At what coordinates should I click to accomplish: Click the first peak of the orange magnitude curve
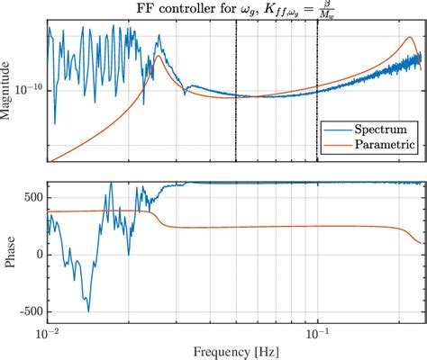159,56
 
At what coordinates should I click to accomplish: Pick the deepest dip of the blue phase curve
88,311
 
